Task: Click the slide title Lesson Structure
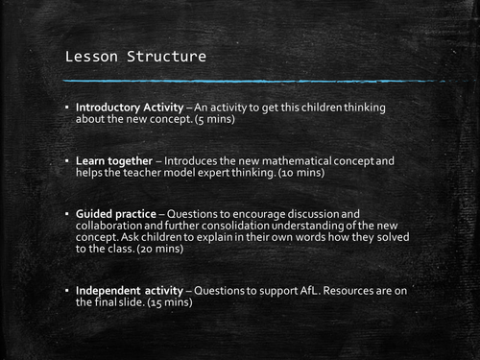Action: coord(134,57)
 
